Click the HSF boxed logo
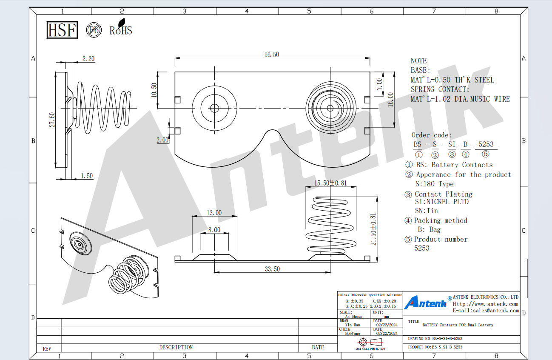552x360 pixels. pos(62,30)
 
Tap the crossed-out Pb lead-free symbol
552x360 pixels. pos(94,30)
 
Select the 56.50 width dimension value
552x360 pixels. pos(272,54)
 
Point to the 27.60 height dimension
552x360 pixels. pos(52,120)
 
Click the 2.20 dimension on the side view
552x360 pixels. pos(88,59)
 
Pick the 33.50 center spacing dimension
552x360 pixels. pos(272,269)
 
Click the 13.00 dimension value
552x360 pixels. pos(214,213)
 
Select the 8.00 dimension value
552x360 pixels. pos(214,230)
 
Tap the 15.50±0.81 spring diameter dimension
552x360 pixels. pos(330,183)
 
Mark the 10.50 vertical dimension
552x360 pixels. pos(154,90)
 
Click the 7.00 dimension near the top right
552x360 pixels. pos(379,84)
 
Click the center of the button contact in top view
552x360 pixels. pos(214,108)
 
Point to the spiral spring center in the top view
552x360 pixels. pos(330,108)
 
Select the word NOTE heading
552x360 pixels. pos(418,61)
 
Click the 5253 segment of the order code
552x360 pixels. pos(486,144)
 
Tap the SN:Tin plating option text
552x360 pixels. pos(426,211)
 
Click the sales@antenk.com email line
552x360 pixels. pos(486,311)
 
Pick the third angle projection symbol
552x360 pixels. pos(370,342)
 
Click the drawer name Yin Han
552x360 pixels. pos(353,325)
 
